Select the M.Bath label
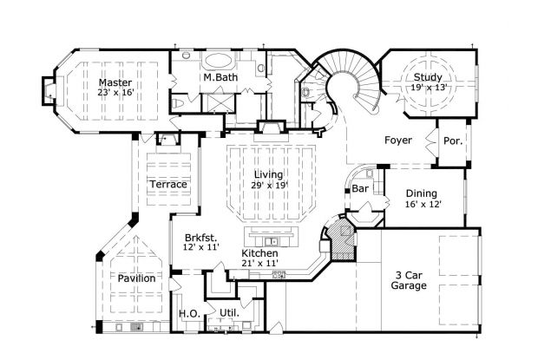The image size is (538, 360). tap(221, 79)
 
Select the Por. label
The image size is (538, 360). tap(452, 140)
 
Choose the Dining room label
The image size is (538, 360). tap(422, 193)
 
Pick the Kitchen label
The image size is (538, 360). tap(259, 252)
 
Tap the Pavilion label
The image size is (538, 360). tap(137, 278)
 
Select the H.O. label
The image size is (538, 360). tap(188, 313)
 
